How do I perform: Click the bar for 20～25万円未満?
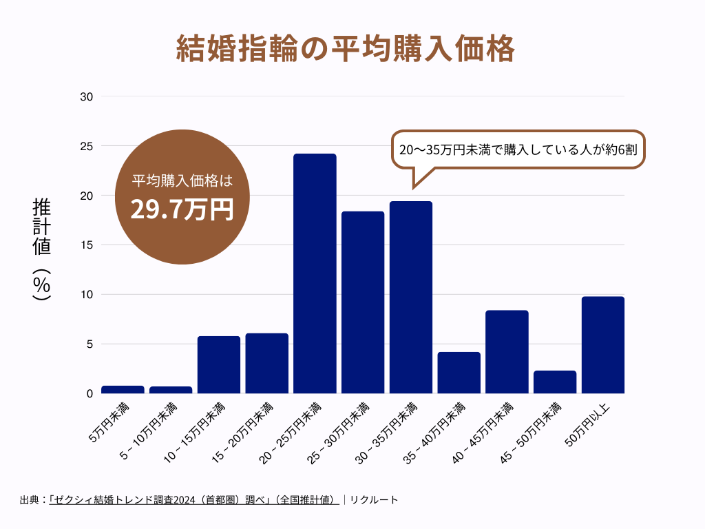(315, 273)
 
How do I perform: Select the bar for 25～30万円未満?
(363, 302)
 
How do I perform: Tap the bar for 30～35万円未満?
(411, 297)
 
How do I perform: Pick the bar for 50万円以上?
(603, 344)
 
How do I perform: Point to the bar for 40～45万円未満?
(507, 351)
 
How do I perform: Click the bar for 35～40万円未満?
(459, 373)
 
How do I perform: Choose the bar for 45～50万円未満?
(555, 382)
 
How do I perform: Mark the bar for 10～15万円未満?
(219, 364)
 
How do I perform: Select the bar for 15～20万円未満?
(267, 363)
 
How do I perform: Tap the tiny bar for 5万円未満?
(123, 389)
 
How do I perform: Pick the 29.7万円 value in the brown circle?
(182, 209)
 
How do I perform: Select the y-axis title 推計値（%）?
(43, 249)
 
